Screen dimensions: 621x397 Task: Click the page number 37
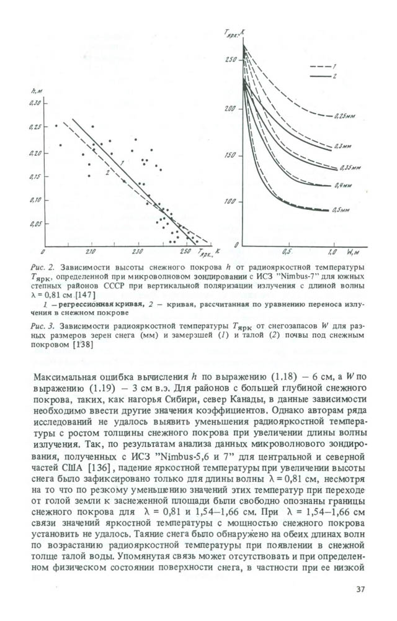point(361,589)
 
